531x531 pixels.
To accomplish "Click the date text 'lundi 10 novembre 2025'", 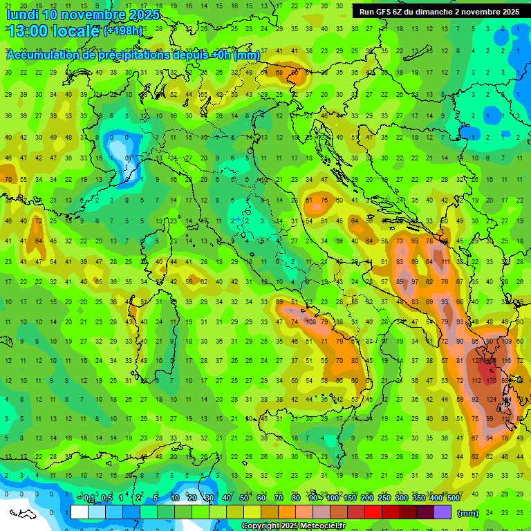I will coord(82,15).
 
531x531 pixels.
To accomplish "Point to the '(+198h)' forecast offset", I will coord(123,31).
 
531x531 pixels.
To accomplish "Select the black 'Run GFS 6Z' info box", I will coord(440,12).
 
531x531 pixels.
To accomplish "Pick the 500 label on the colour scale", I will coord(453,499).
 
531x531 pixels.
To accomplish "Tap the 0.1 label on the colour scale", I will coord(89,499).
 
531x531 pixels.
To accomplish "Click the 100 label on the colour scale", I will coord(333,499).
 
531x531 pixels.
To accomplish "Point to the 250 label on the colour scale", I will coord(384,499).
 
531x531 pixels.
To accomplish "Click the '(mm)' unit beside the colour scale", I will coord(468,513).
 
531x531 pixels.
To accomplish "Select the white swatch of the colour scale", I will coord(80,512).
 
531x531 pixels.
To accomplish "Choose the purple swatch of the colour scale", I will coord(442,512).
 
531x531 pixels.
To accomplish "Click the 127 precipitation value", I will coord(477,360).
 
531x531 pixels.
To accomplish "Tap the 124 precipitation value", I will coord(492,400).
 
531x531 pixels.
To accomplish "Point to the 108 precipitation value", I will coord(312,322).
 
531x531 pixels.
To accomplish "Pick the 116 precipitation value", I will coord(507,361).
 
